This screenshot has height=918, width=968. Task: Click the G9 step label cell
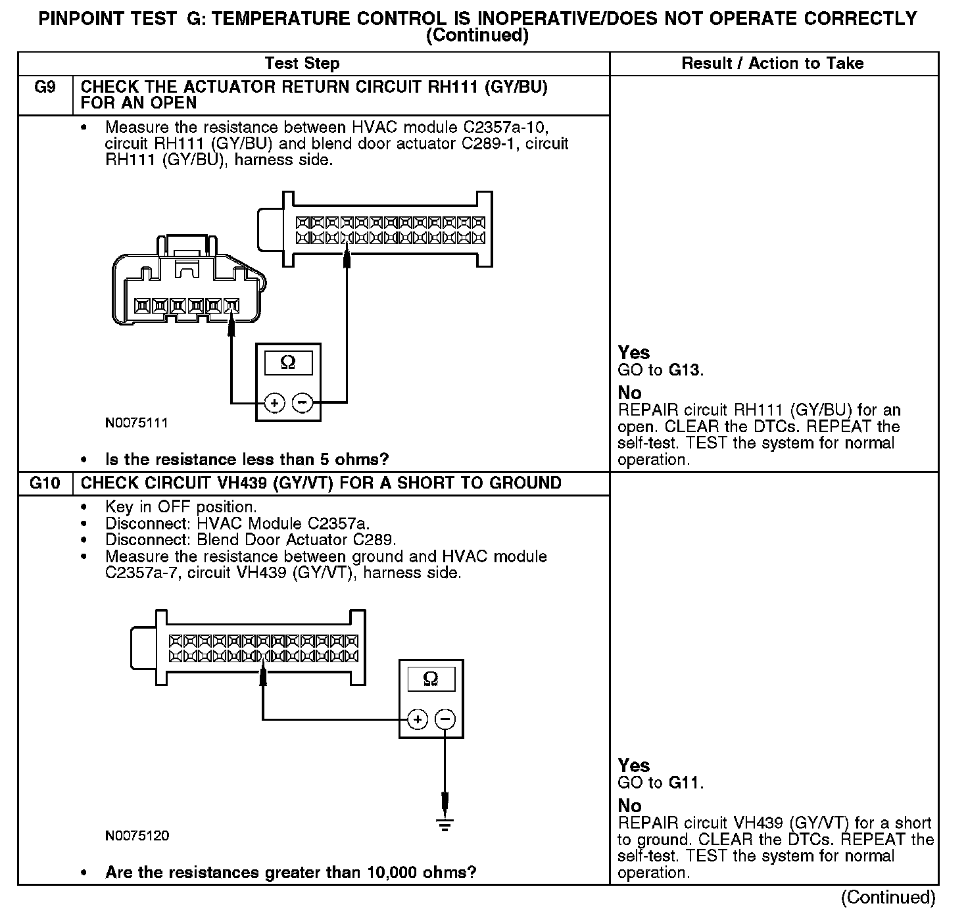[45, 87]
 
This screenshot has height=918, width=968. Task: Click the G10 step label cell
[45, 483]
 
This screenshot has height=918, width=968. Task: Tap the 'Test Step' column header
[302, 64]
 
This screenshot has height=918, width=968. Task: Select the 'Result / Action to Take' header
[773, 64]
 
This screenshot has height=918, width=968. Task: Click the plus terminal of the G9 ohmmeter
[274, 402]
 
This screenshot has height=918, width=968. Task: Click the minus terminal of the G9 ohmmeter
[302, 402]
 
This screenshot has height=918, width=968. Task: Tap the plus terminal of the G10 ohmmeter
[418, 719]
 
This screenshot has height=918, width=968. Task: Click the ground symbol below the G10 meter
[445, 825]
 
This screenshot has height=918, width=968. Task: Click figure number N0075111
[137, 423]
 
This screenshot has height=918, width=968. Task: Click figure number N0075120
[137, 836]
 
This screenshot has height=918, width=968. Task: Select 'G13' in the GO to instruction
[685, 370]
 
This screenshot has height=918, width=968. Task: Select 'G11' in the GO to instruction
[685, 783]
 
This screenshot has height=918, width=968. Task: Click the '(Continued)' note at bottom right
[888, 897]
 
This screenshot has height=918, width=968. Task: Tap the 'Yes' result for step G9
[634, 353]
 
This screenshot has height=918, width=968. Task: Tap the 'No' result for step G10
[629, 806]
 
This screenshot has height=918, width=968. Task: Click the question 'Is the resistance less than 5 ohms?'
[247, 459]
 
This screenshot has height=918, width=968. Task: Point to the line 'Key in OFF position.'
[181, 507]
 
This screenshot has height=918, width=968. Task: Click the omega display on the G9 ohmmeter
[288, 362]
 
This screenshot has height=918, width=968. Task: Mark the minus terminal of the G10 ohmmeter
[445, 719]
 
